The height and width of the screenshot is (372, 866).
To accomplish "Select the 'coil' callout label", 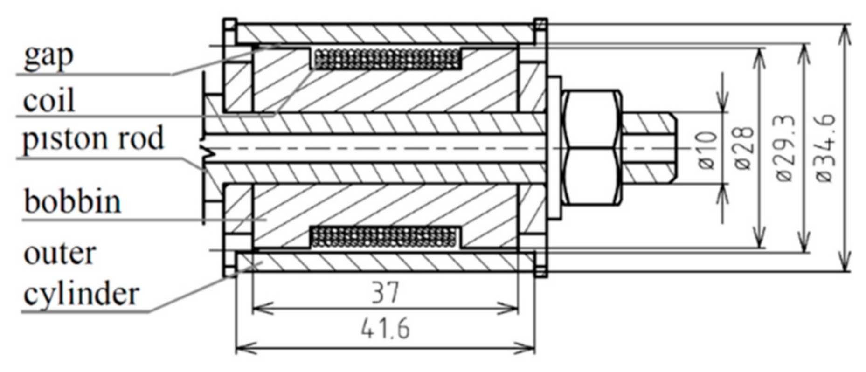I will (x=48, y=101).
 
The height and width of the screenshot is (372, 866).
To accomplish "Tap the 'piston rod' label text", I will (x=93, y=139).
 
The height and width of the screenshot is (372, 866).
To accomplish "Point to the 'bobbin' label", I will (x=72, y=202).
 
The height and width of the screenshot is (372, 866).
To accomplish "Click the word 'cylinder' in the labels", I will (x=81, y=294).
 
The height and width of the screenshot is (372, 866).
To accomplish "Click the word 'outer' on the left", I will (x=60, y=254).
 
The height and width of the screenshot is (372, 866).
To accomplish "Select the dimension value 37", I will (x=385, y=293).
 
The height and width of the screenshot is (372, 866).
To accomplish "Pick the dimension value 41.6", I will (x=385, y=329).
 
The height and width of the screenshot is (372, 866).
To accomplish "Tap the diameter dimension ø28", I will (x=745, y=148).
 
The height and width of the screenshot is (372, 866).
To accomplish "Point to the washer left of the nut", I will (x=554, y=148).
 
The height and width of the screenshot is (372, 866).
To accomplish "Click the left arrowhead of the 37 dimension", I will (x=259, y=308).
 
